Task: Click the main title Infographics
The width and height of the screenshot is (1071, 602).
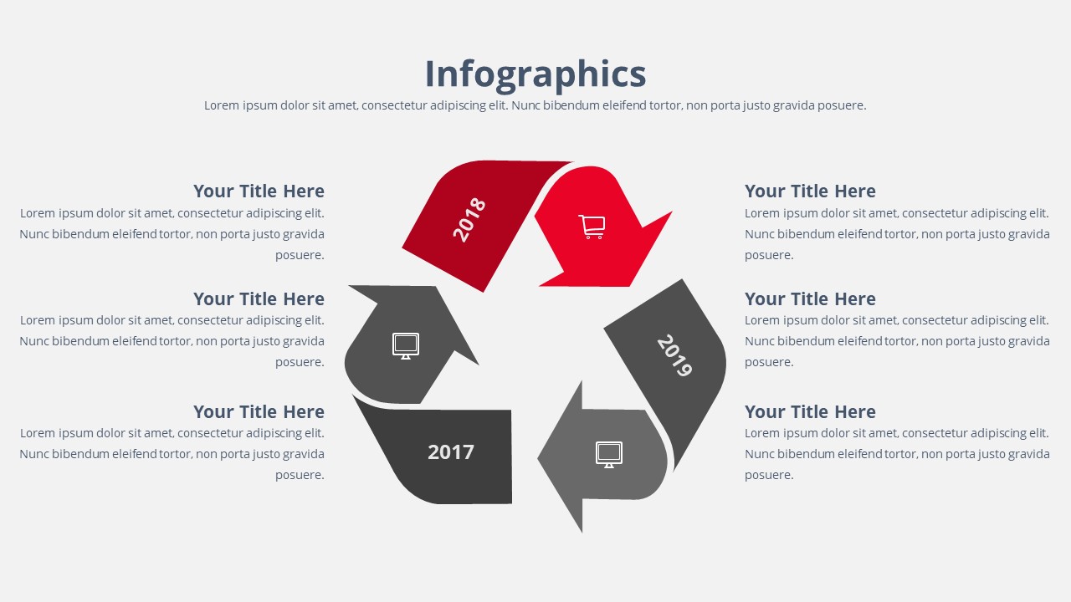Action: point(535,74)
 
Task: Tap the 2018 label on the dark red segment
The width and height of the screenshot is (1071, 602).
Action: point(469,219)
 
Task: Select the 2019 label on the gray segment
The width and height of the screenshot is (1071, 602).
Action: point(674,355)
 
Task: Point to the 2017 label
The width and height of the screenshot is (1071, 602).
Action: point(451,452)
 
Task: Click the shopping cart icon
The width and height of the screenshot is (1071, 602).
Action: point(592,227)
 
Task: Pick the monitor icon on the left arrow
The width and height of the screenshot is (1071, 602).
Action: point(406,345)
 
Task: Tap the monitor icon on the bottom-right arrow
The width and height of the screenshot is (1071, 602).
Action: point(609,454)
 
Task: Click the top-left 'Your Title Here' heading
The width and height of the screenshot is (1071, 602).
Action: point(259,191)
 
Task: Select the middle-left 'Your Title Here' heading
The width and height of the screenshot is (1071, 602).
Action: point(259,299)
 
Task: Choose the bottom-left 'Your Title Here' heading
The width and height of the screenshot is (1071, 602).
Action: point(259,412)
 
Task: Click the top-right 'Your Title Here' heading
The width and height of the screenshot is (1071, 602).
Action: point(810,191)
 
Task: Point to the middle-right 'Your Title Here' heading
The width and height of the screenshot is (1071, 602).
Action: point(810,299)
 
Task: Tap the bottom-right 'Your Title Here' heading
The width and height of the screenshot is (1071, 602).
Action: point(810,412)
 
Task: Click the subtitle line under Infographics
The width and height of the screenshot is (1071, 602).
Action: point(535,105)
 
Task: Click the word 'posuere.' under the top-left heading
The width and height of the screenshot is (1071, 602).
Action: point(300,255)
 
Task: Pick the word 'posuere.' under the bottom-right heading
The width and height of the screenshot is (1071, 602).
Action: point(769,475)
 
